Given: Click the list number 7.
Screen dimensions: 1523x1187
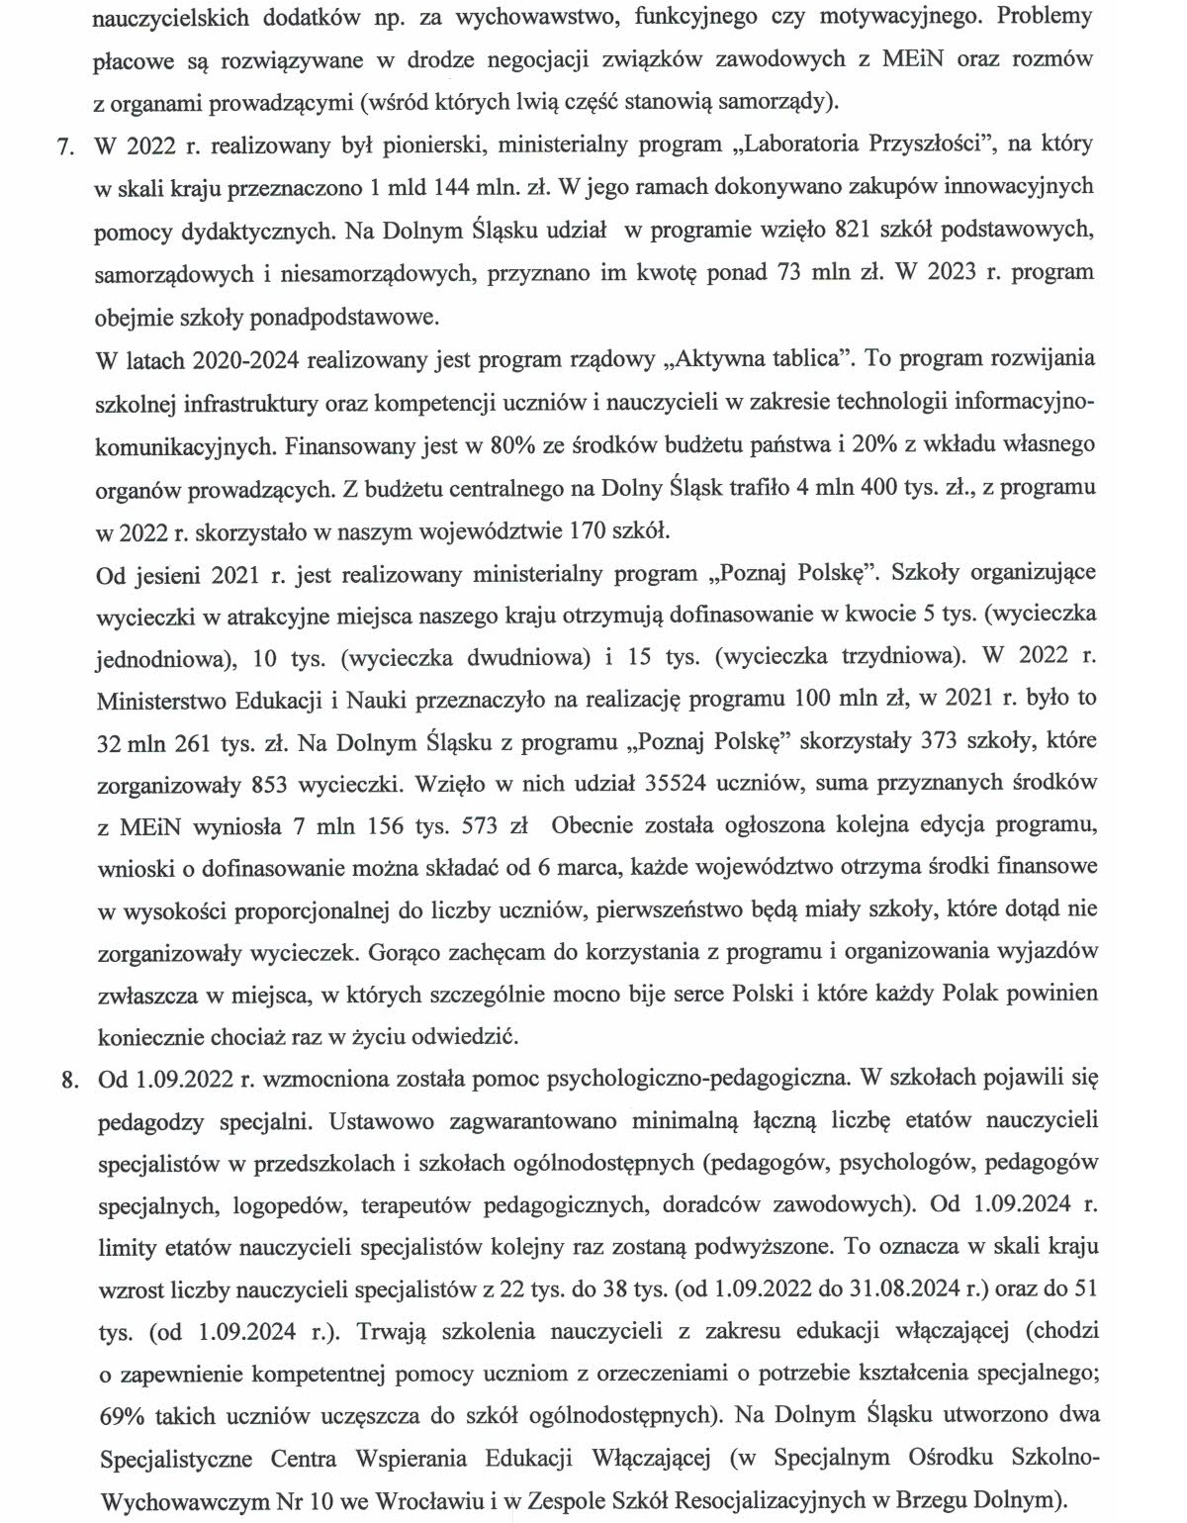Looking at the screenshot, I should pyautogui.click(x=66, y=145).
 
